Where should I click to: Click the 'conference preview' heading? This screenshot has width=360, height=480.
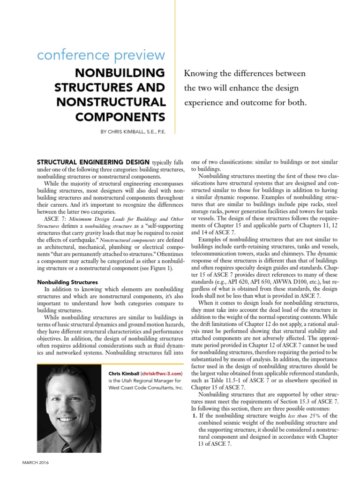coord(101,55)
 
